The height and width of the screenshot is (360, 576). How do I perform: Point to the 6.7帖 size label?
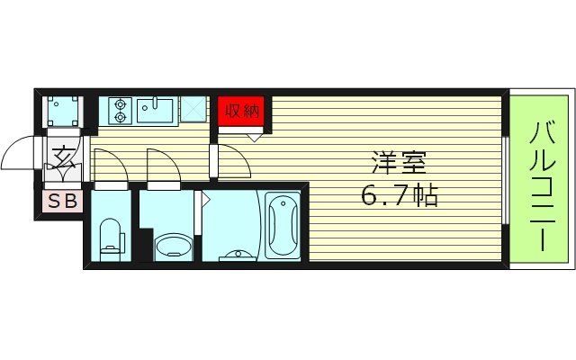pos(400,195)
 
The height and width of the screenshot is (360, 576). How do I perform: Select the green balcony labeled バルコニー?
pos(541,180)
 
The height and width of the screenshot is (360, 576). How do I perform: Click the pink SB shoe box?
pos(61,202)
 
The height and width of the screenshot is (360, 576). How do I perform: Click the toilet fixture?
pos(112,238)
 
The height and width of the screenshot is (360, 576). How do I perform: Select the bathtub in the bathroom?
pos(284,225)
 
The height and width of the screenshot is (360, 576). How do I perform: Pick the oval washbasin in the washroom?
pos(173,245)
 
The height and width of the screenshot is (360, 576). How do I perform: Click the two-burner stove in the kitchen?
pos(120,111)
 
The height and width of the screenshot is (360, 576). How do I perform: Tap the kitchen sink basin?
pos(156,111)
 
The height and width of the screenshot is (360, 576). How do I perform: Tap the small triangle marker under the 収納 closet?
pos(255,136)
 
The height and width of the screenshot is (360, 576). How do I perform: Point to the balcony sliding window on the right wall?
pos(508,180)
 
